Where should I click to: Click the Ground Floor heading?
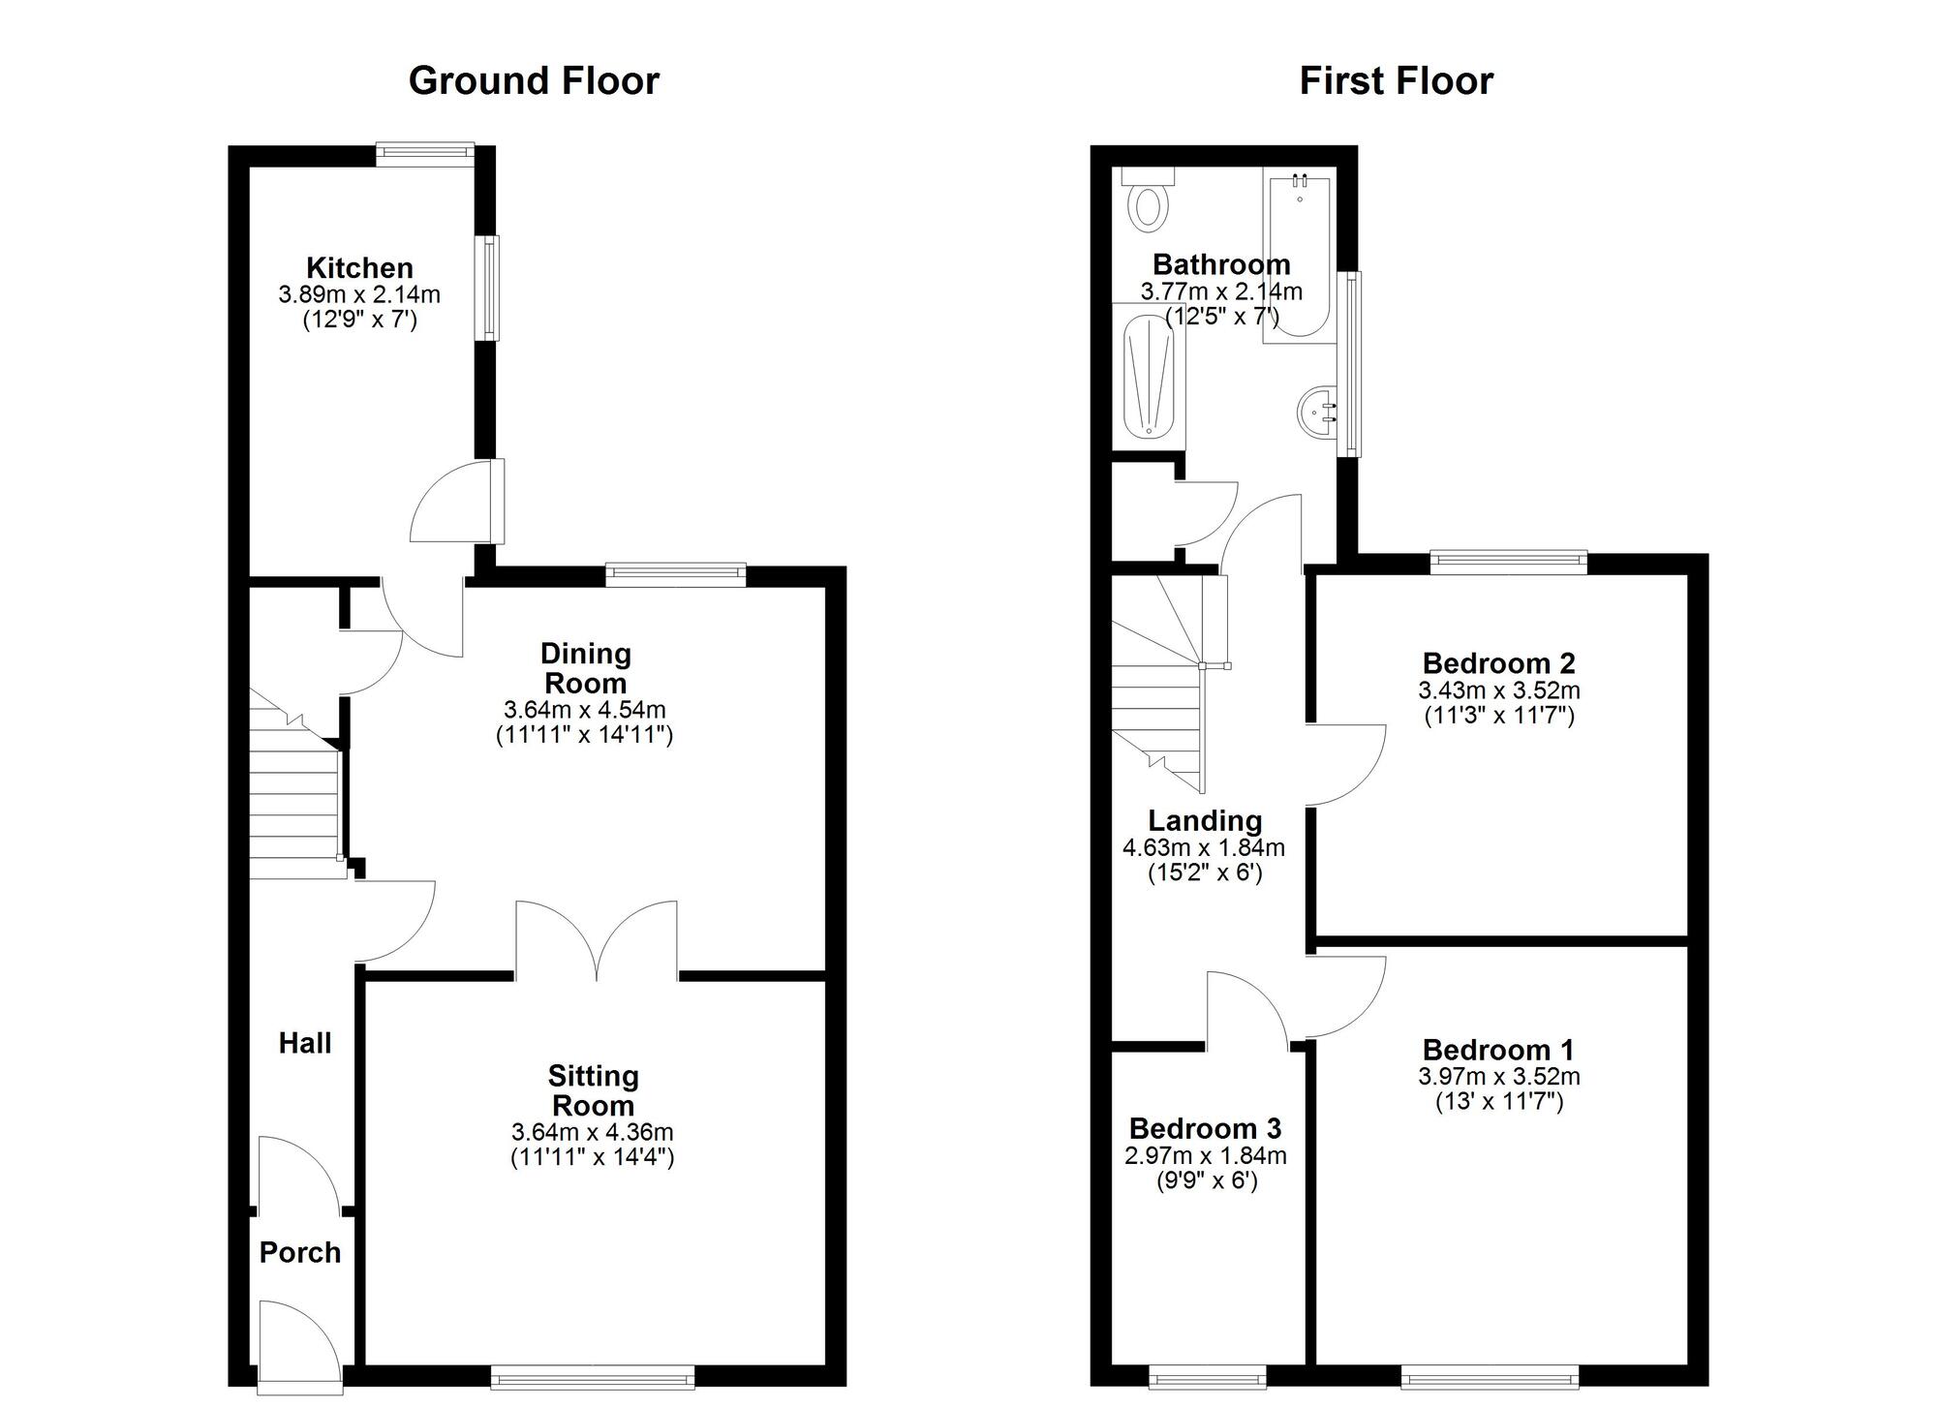(534, 80)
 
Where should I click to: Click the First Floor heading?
(1396, 80)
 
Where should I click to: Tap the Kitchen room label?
(359, 267)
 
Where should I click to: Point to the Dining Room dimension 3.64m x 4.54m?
(584, 709)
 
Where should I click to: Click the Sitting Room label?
(593, 1090)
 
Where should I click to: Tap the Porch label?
(300, 1252)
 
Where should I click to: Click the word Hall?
(305, 1043)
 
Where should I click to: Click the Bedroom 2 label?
(1498, 663)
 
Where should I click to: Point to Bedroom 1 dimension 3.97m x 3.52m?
(1498, 1076)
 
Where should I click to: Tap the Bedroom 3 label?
(1205, 1128)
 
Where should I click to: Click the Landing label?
(1205, 820)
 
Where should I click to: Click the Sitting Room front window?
(592, 1376)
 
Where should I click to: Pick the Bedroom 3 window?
(1207, 1376)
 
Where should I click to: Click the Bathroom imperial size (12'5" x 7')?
(1221, 316)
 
